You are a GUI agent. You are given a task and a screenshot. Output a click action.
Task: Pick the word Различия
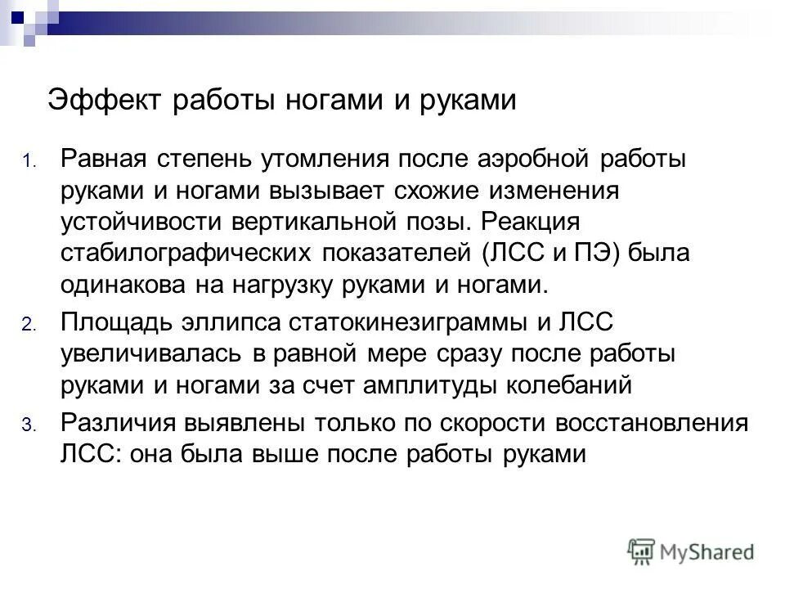coord(114,424)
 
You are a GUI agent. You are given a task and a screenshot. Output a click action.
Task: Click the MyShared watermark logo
coord(690,551)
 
